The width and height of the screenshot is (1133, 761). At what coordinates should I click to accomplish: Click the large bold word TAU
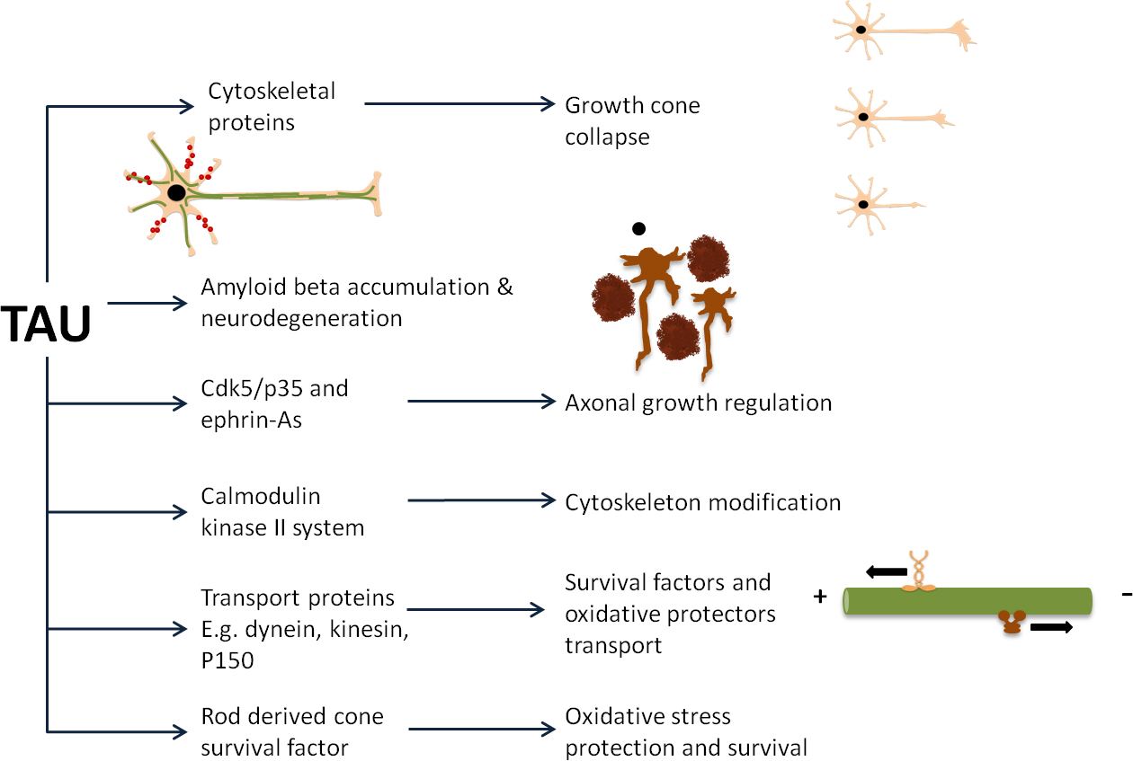(47, 324)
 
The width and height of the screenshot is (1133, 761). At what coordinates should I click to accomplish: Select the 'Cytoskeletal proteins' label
(259, 106)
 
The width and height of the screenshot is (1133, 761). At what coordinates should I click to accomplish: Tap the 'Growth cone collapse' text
(631, 120)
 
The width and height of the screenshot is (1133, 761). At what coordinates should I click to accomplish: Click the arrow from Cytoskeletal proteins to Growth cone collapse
(459, 104)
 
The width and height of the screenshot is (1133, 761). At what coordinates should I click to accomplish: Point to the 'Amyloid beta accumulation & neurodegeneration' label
(356, 302)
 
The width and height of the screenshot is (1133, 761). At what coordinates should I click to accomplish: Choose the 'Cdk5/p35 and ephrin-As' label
(273, 403)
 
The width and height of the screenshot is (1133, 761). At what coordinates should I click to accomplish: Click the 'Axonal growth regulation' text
(698, 403)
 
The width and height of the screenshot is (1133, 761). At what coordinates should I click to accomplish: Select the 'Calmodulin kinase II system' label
(282, 511)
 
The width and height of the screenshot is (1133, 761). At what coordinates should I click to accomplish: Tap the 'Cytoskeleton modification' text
(702, 501)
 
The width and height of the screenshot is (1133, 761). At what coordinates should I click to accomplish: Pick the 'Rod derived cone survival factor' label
(291, 731)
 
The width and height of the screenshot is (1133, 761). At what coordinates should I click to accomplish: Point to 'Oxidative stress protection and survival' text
(685, 731)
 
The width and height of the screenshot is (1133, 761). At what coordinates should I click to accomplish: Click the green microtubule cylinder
(968, 601)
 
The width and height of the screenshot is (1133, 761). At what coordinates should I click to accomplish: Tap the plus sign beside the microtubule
(820, 596)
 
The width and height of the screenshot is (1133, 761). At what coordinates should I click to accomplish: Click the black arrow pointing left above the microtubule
(887, 571)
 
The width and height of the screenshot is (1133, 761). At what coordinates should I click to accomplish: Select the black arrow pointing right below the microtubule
(1050, 628)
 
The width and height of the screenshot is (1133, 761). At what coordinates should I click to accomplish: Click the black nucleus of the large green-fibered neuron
(177, 192)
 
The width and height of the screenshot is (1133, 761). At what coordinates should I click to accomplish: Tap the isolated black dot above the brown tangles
(638, 228)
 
